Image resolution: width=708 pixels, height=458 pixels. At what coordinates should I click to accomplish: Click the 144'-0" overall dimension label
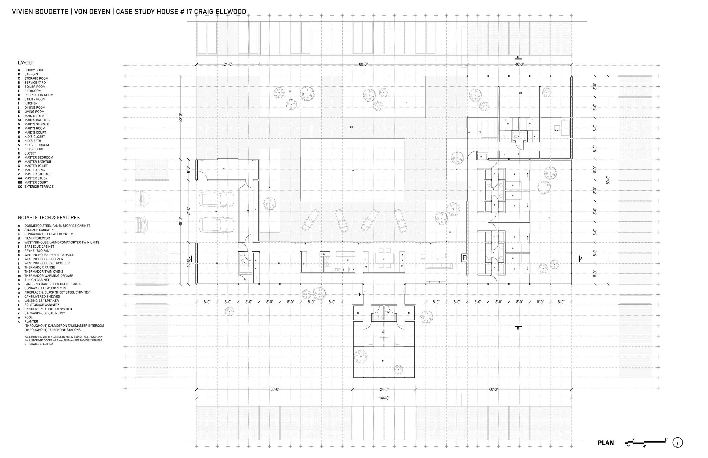pyautogui.click(x=384, y=398)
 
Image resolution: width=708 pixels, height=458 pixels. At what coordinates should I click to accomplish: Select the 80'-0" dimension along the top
pyautogui.click(x=363, y=64)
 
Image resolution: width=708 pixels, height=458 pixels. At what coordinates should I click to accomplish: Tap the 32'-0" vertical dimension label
pyautogui.click(x=180, y=117)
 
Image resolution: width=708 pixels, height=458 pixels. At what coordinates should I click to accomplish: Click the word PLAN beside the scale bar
pyautogui.click(x=605, y=443)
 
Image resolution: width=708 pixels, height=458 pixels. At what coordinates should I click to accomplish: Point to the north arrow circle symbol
pyautogui.click(x=677, y=442)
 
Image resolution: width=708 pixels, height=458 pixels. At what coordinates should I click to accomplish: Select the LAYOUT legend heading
pyautogui.click(x=26, y=63)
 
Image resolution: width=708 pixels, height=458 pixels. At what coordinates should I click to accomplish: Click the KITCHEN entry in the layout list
pyautogui.click(x=31, y=104)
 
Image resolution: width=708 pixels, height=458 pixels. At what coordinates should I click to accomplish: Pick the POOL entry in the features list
pyautogui.click(x=29, y=317)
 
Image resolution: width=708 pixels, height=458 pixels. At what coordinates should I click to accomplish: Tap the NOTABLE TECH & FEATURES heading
pyautogui.click(x=48, y=218)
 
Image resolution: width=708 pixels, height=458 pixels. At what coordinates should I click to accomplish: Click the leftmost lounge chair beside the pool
pyautogui.click(x=310, y=220)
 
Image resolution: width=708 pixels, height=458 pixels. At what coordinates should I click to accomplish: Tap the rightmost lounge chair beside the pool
pyautogui.click(x=400, y=221)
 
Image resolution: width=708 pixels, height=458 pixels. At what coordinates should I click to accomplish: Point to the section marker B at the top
pyautogui.click(x=518, y=57)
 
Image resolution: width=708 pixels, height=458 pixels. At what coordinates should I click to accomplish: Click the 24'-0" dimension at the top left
pyautogui.click(x=228, y=64)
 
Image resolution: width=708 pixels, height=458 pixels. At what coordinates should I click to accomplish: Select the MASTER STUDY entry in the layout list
pyautogui.click(x=36, y=178)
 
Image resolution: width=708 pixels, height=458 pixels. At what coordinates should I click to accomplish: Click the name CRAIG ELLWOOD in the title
pyautogui.click(x=220, y=12)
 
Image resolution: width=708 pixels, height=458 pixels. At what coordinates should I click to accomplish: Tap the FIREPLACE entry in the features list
pyautogui.click(x=57, y=292)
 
